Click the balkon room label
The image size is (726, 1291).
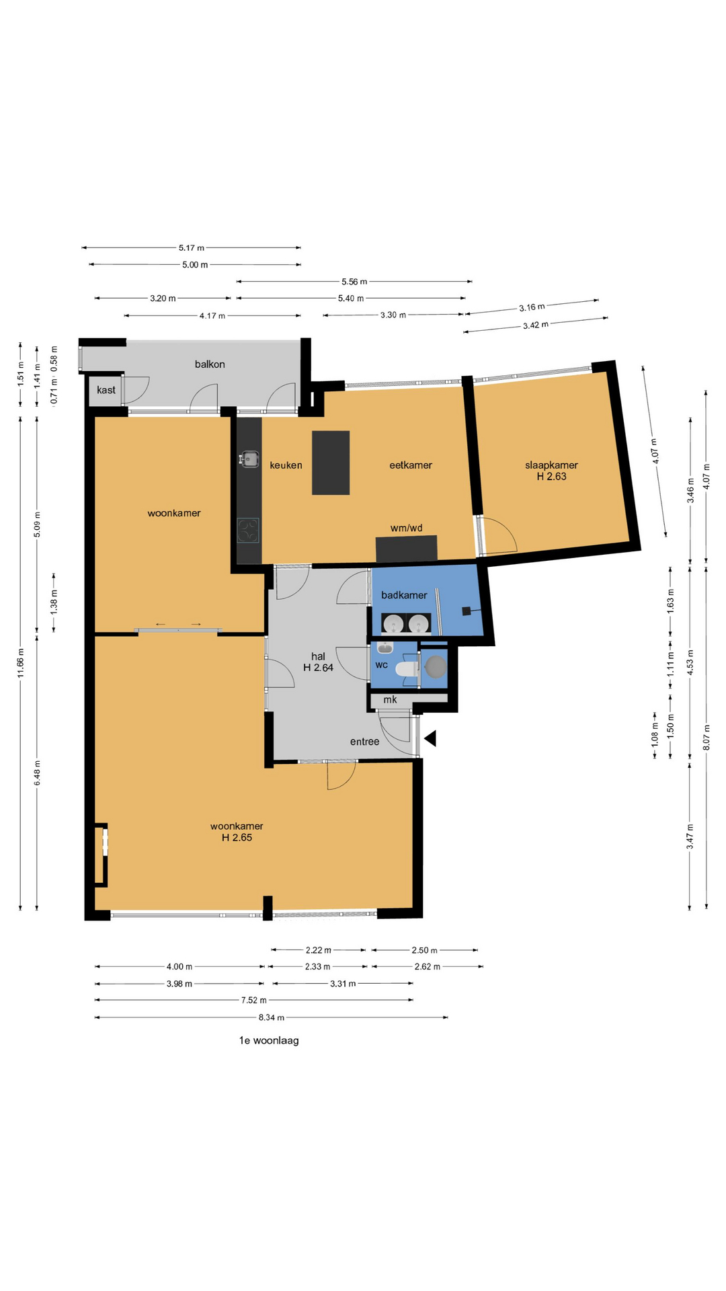pos(210,364)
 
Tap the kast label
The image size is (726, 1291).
pos(106,390)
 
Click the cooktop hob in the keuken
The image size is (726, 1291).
pos(248,531)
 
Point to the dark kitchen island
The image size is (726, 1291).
pos(331,463)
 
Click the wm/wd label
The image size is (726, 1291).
pos(407,528)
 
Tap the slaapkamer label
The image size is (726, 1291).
pos(551,471)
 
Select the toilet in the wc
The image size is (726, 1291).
pos(407,668)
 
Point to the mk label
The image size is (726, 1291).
pos(390,699)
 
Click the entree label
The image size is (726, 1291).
pos(364,742)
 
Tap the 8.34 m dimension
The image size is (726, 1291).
pos(272,1017)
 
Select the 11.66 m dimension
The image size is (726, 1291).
pos(21,663)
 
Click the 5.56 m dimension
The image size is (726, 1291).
pos(354,282)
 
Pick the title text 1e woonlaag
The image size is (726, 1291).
pos(269,1040)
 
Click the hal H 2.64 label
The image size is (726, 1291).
pos(318,662)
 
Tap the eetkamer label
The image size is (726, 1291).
pos(411,465)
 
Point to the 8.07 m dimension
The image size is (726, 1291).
pos(707,737)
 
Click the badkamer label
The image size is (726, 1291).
pos(404,595)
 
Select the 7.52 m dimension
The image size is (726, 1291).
pos(254,1000)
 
